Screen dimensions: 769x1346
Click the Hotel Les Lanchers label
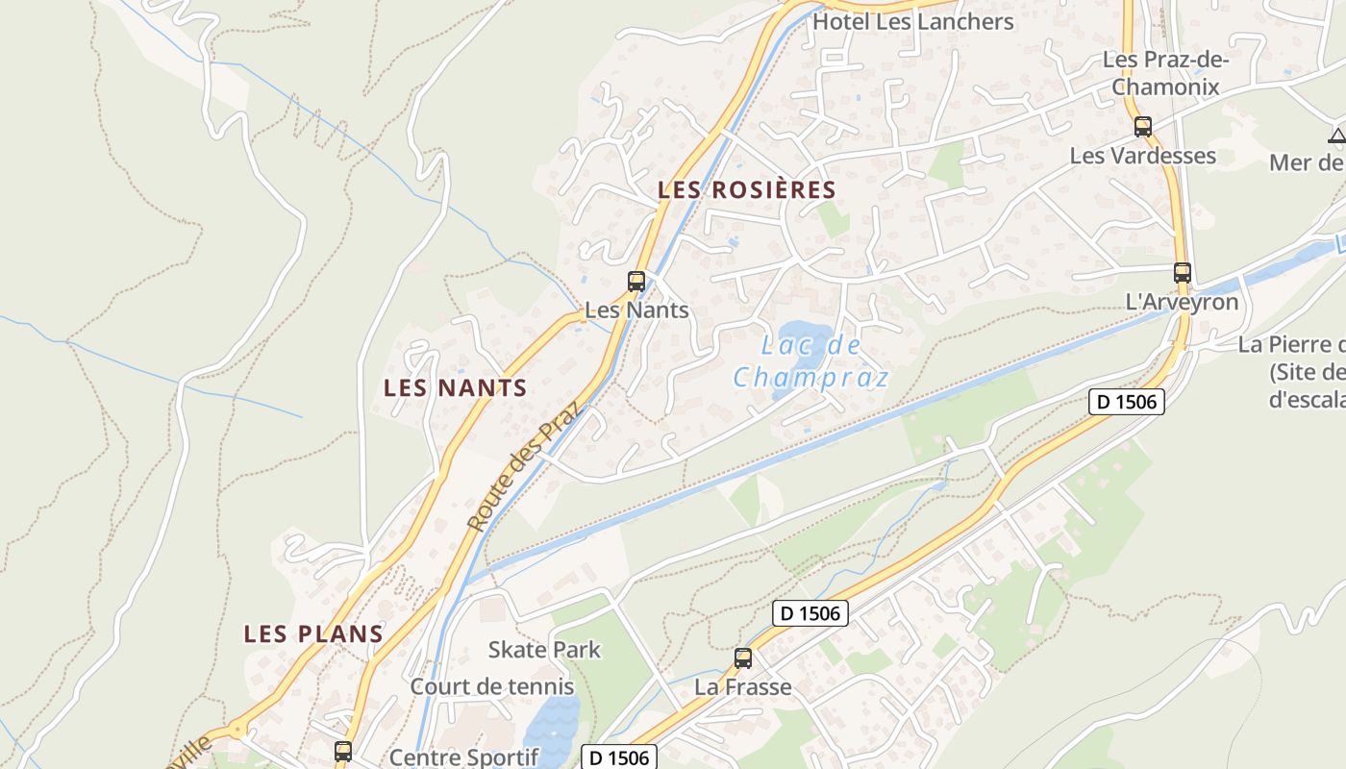[912, 21]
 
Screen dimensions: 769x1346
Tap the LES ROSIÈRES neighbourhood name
[747, 190]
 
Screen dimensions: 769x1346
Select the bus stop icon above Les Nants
[636, 282]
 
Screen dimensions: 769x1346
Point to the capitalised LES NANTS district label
[455, 388]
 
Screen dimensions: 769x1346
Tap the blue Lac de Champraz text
[811, 360]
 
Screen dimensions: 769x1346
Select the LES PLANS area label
[313, 634]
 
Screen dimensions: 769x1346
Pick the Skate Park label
[544, 650]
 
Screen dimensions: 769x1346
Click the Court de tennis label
[492, 687]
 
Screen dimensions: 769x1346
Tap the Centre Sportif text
[463, 757]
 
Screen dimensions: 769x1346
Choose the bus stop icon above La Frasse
[743, 658]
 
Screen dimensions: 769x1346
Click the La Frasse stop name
[743, 687]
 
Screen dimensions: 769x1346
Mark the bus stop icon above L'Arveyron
[1183, 273]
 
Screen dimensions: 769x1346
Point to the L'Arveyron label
[1182, 302]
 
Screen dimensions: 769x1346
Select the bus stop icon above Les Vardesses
[1143, 126]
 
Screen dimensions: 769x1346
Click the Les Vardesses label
[1143, 156]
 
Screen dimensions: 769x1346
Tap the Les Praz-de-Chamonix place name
[1165, 73]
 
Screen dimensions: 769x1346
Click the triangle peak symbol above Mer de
[1337, 136]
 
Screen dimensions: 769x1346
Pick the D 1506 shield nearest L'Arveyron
[1127, 402]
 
